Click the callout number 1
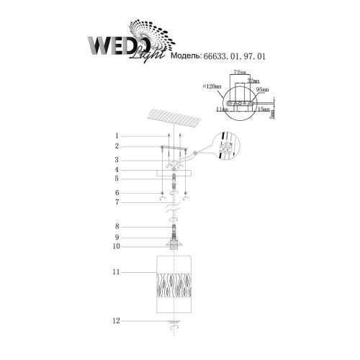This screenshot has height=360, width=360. (115, 135)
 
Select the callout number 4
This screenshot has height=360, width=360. (115, 170)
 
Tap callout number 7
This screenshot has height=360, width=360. (115, 202)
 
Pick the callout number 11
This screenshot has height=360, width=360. (115, 273)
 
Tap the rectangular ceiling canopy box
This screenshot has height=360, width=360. (176, 171)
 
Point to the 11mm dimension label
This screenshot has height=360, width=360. (220, 109)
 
